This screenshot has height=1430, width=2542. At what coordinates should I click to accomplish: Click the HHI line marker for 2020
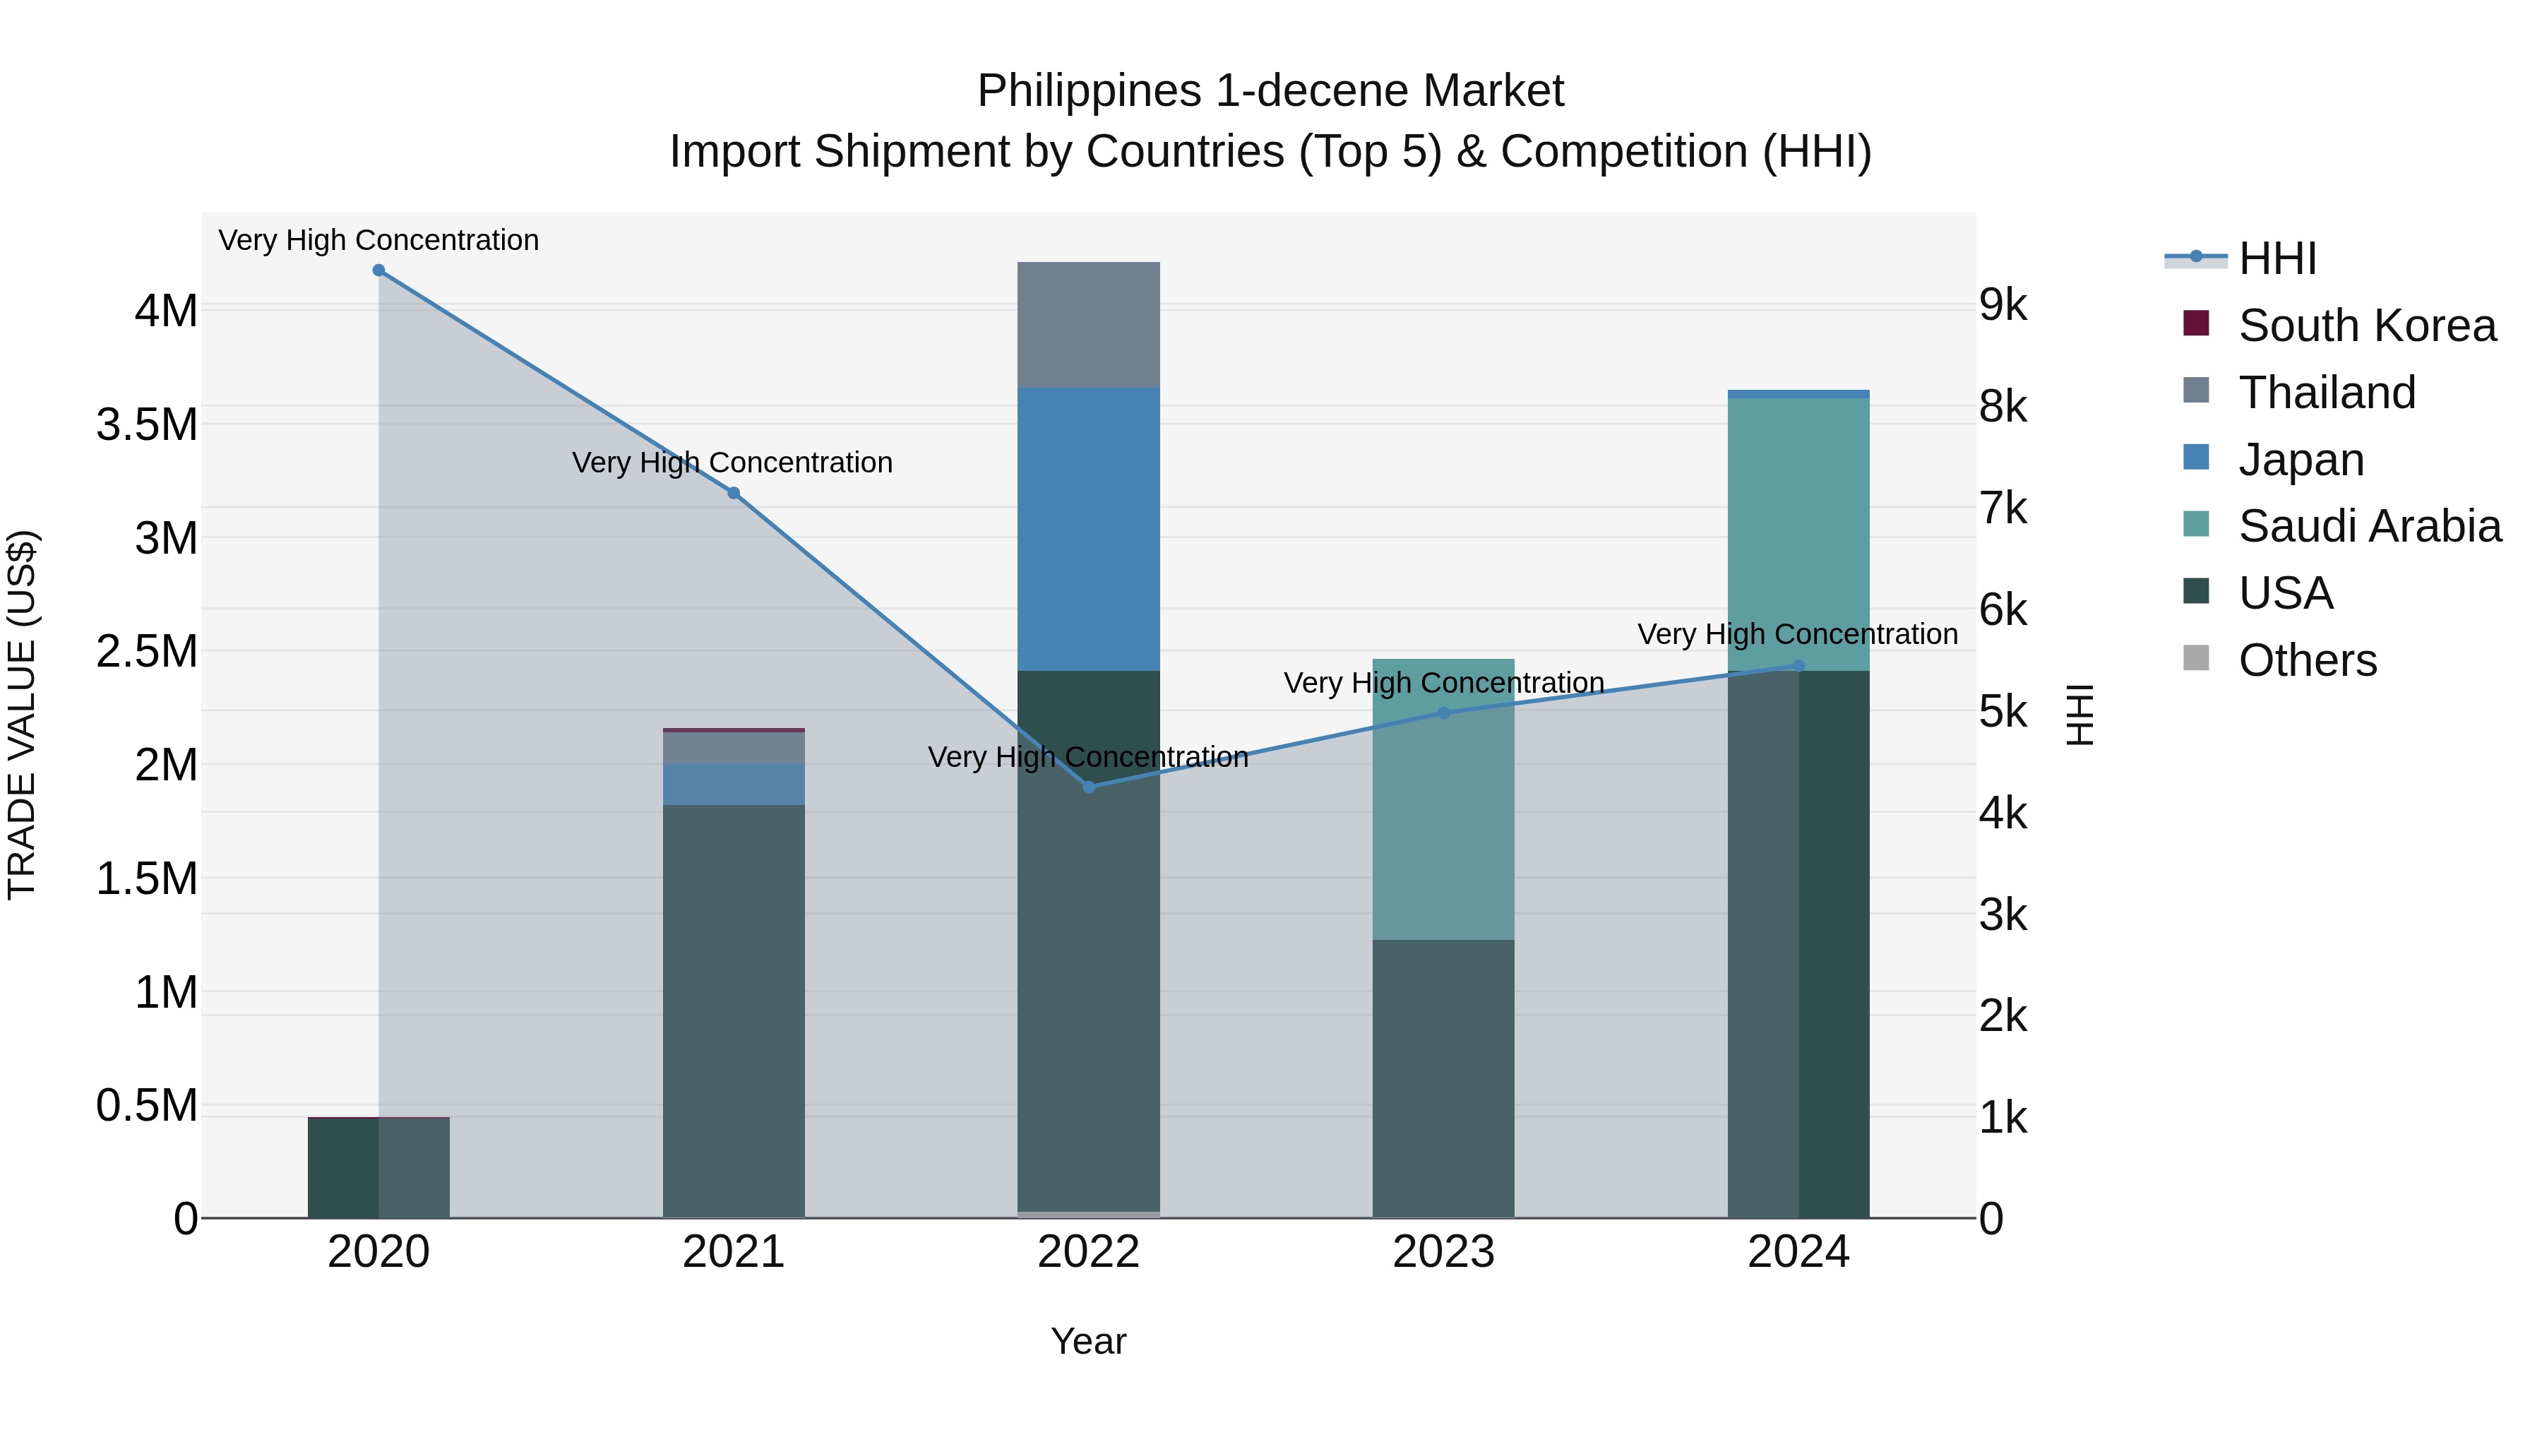tap(379, 270)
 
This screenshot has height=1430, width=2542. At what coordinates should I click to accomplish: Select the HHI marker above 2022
tap(1088, 787)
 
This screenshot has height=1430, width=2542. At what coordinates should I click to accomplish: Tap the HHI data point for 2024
tap(1798, 666)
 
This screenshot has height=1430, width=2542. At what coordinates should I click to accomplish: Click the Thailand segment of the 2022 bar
tap(1088, 325)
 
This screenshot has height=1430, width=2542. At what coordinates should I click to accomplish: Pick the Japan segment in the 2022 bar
tap(1088, 529)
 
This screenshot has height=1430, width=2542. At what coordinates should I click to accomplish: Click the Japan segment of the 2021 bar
tap(733, 784)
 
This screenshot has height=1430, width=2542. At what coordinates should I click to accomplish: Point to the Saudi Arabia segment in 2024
tap(1798, 533)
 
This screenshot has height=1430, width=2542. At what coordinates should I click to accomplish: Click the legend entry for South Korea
tap(2366, 326)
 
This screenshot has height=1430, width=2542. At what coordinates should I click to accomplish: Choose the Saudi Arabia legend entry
tap(2368, 526)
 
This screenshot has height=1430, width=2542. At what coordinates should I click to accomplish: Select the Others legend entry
tap(2307, 660)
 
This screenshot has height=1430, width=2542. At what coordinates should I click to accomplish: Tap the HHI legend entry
tap(2277, 258)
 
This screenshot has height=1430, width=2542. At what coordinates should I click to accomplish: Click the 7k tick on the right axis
tap(2003, 508)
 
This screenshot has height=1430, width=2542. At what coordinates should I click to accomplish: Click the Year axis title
tap(1088, 1341)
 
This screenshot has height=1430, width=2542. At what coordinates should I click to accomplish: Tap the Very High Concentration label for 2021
tap(732, 462)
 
